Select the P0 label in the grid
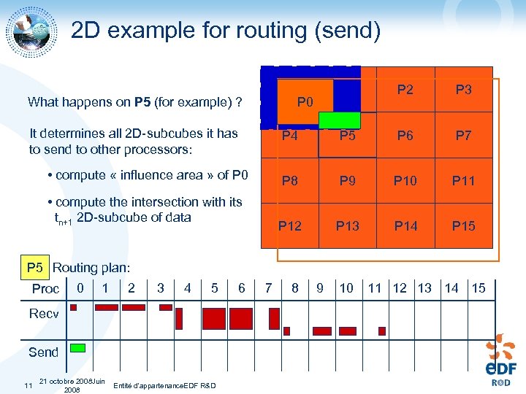305,102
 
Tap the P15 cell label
463,226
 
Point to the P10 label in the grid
405,180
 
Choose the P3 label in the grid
463,90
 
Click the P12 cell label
290,226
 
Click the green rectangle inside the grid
340,120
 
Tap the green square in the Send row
77,347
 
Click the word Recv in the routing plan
44,314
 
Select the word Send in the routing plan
43,352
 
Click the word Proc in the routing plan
45,288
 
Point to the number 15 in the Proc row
479,287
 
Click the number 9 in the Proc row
320,287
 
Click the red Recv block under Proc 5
214,319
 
